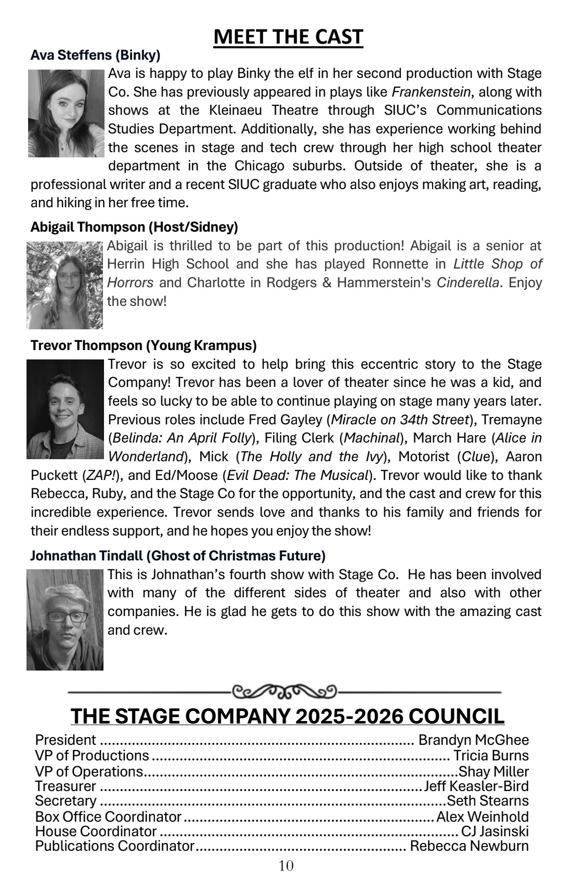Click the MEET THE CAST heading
pos(288,37)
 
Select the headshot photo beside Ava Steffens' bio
pos(66,113)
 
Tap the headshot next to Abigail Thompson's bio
pos(65,285)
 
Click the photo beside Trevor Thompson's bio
pos(66,409)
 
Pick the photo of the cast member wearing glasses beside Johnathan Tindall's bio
pos(65,620)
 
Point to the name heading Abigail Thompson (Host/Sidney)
pos(134,227)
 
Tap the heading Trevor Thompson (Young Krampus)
pos(144,345)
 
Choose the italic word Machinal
pos(371,438)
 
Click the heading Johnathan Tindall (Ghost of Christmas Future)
pos(178,556)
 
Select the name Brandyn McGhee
pos(473,740)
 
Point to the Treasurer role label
pos(66,786)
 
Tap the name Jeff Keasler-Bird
pos(476,786)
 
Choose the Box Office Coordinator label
pos(108,817)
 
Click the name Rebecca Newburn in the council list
pos(469,846)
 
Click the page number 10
pos(286,866)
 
